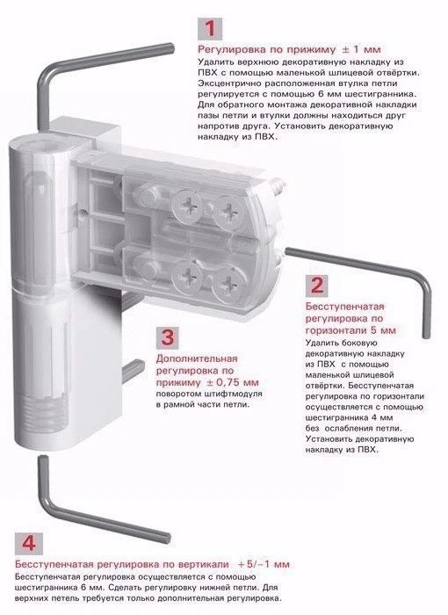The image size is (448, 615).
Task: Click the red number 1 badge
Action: point(210,28)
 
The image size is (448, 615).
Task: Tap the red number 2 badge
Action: point(316,286)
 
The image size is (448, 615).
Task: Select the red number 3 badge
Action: point(168,337)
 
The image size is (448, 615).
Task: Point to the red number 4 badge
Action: point(29,543)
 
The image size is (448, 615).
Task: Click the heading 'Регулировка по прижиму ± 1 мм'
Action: point(289,50)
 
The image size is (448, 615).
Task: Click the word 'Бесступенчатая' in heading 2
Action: point(345,307)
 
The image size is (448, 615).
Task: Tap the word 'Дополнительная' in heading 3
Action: point(197,358)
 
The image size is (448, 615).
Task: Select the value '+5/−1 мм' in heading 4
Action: point(264,564)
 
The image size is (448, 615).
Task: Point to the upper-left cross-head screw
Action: point(187,206)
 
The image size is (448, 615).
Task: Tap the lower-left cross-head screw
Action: point(187,274)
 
